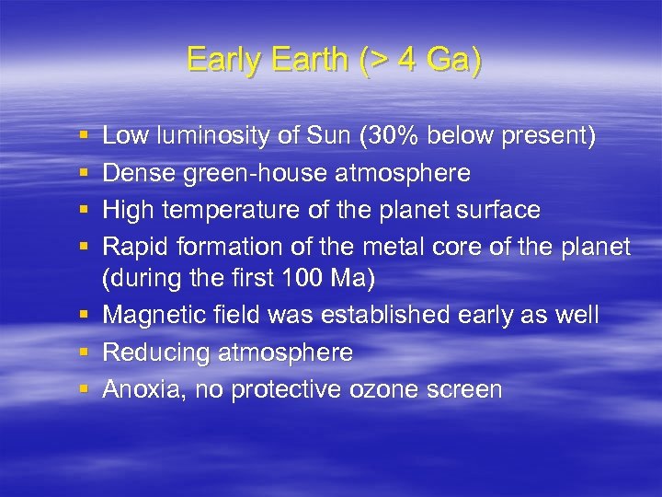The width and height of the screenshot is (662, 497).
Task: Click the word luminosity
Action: [x=207, y=137]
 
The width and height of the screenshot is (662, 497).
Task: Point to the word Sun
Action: [x=327, y=136]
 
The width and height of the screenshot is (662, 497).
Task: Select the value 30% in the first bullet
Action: [x=392, y=136]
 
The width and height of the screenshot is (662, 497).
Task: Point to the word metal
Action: [x=396, y=246]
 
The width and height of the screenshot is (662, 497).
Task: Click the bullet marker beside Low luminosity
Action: [x=85, y=137]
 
